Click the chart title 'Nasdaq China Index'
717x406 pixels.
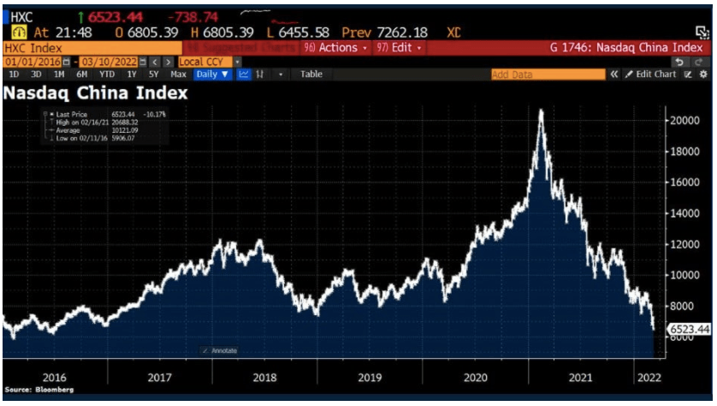[96, 92]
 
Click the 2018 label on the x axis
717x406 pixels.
[265, 376]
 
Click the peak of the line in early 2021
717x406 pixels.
[540, 111]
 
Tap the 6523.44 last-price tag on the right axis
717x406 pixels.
[688, 329]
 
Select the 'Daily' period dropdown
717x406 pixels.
[213, 75]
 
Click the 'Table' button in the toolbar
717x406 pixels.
[311, 75]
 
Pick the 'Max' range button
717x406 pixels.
[178, 75]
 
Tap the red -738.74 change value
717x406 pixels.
[194, 17]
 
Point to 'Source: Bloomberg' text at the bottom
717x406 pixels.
[39, 390]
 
